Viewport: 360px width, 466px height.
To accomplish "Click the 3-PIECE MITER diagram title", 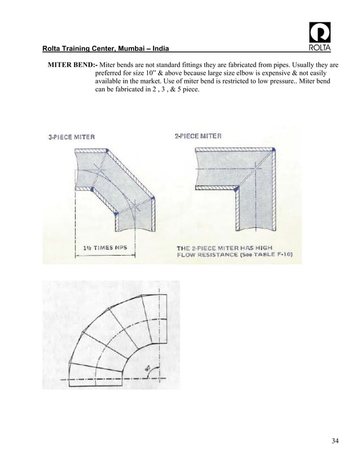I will pos(71,136).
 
